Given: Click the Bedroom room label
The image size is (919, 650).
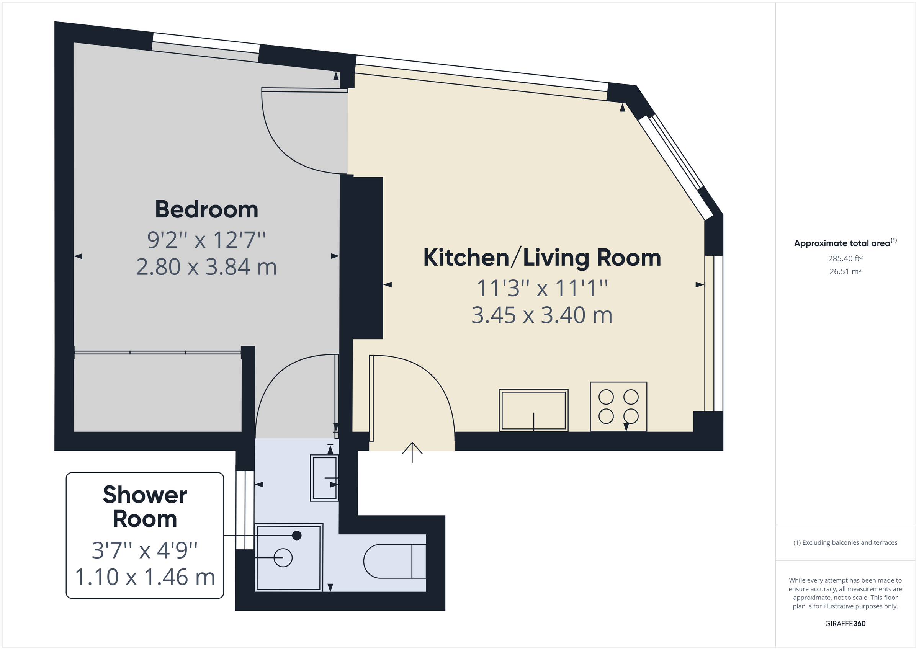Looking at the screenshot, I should coord(206,209).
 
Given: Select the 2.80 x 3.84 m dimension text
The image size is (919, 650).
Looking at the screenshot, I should coord(206,267).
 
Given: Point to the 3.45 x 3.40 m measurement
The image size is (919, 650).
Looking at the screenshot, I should coord(542,315).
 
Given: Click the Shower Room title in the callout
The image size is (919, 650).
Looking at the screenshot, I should coord(145,507).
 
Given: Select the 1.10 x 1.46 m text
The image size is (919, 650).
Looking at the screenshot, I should coord(145,577).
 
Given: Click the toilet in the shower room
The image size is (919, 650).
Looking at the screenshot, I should coord(394,561).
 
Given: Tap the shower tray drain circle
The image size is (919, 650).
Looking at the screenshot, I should coord(283,557).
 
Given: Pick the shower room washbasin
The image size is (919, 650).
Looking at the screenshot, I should coord(324,478).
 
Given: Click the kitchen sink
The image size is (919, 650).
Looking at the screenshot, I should coord(533,410).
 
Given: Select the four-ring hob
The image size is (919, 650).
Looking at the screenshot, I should coord(618,407).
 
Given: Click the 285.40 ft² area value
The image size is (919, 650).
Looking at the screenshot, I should coord(845,258).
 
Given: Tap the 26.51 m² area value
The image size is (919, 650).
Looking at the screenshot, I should coord(845,271).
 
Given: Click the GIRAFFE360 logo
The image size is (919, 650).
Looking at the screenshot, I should coord(845,624).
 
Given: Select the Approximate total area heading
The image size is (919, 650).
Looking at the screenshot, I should coord(842,243).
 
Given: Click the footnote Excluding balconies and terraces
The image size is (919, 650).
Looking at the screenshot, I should coord(845,543).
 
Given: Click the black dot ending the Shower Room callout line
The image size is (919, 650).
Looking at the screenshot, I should coord(297,536).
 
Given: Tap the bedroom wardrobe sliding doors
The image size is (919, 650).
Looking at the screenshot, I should coord(158,353).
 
